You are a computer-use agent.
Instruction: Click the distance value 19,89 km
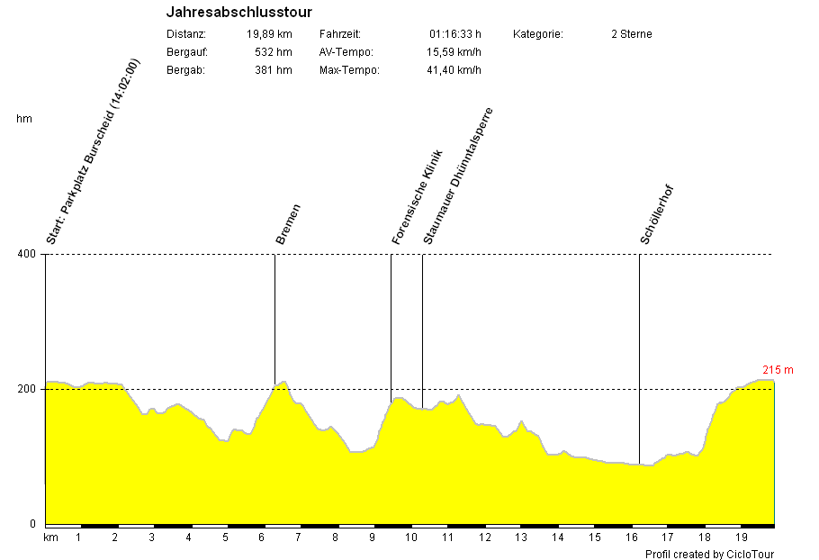click(269, 34)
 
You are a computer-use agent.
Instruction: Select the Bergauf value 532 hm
click(274, 52)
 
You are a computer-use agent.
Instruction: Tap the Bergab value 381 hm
click(274, 70)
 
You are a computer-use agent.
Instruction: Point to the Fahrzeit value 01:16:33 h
click(454, 34)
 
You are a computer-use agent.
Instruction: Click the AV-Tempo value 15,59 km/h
click(454, 52)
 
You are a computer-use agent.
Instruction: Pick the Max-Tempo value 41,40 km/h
click(454, 70)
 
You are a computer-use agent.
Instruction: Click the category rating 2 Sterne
click(631, 34)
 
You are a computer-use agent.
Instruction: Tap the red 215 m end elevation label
click(778, 370)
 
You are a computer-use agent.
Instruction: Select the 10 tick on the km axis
click(411, 537)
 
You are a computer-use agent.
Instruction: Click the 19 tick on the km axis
click(740, 537)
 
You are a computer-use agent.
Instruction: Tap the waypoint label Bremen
click(288, 224)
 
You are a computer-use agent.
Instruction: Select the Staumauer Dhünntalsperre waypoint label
click(458, 176)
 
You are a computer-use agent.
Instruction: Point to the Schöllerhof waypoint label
click(657, 214)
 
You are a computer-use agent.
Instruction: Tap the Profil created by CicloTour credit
click(709, 554)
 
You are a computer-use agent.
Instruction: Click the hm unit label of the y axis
click(23, 119)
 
